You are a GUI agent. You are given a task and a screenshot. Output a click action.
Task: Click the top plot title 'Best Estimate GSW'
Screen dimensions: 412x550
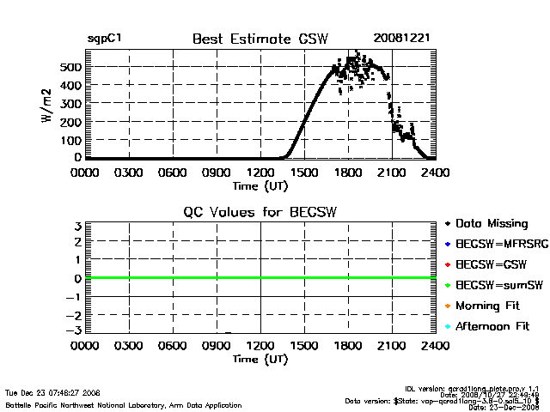pos(260,39)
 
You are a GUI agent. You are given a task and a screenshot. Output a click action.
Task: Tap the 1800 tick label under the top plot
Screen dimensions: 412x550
pos(348,172)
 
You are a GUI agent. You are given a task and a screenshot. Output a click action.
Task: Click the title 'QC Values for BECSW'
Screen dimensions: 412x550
pos(260,213)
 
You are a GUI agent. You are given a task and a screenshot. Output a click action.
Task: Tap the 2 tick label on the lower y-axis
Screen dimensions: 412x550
pos(77,242)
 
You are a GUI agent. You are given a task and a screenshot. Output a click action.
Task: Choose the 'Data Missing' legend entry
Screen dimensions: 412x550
pos(491,224)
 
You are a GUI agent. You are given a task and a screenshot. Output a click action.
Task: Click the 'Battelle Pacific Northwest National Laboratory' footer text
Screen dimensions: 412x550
pos(124,404)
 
